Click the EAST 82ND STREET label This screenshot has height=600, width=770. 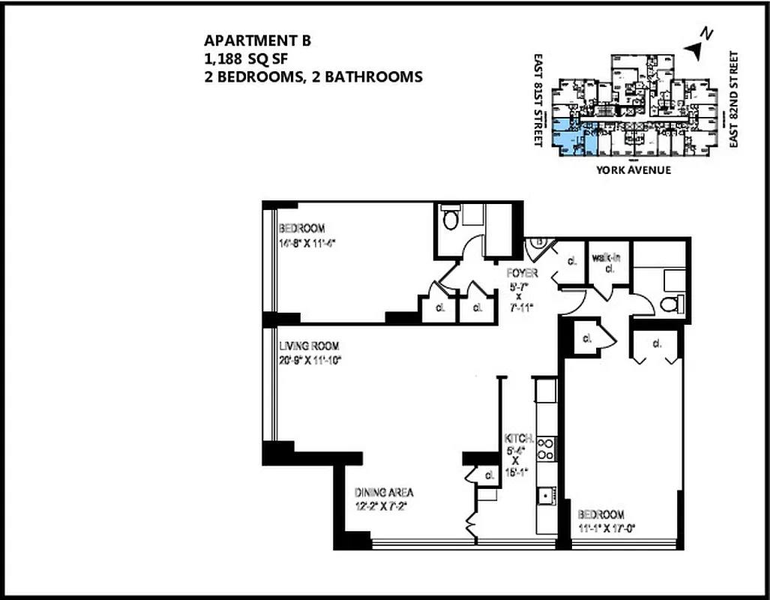coord(734,100)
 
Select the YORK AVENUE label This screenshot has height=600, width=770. coord(634,170)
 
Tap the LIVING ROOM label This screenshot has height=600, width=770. coord(309,346)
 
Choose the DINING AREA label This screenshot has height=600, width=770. coord(384,493)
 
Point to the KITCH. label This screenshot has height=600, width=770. coord(519,438)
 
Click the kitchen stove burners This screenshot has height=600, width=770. coord(547,448)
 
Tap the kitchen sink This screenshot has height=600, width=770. coord(544,495)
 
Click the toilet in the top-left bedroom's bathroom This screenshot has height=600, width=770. coord(451,220)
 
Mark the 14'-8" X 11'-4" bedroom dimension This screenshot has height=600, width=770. coord(307,242)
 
